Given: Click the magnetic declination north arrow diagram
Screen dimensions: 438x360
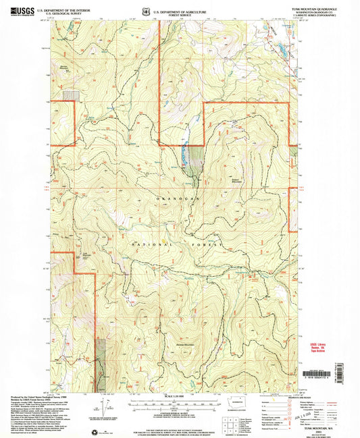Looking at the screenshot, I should click(x=107, y=408).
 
